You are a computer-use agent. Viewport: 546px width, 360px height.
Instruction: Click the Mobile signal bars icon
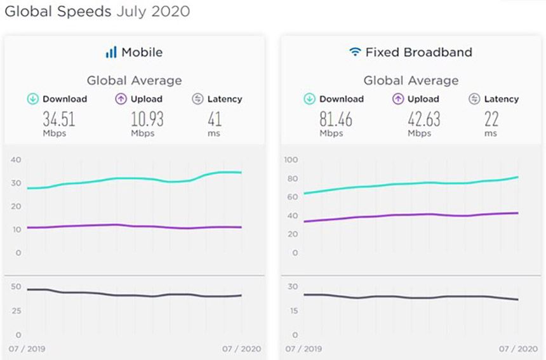111,52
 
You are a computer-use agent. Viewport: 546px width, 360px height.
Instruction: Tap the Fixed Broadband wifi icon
355,52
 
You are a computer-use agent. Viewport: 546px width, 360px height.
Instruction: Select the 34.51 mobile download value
55,119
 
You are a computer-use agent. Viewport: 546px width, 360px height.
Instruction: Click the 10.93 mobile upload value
147,119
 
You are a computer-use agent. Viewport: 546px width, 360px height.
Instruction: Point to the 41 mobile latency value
215,119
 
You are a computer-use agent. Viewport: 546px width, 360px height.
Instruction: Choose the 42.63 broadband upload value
424,119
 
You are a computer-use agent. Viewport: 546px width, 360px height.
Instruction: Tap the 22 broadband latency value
491,119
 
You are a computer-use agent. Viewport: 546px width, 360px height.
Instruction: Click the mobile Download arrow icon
32,99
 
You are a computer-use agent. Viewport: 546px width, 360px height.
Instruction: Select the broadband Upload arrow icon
398,99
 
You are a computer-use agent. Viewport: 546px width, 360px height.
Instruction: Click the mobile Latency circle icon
197,99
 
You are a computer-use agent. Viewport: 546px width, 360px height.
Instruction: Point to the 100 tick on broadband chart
291,160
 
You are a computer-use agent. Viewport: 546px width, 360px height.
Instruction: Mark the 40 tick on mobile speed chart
15,160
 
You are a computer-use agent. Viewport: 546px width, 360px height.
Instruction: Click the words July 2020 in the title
153,11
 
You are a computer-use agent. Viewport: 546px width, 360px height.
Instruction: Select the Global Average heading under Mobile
134,81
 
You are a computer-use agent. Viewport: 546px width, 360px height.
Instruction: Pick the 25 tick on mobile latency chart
17,310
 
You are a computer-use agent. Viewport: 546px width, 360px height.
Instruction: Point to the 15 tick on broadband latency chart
292,310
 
